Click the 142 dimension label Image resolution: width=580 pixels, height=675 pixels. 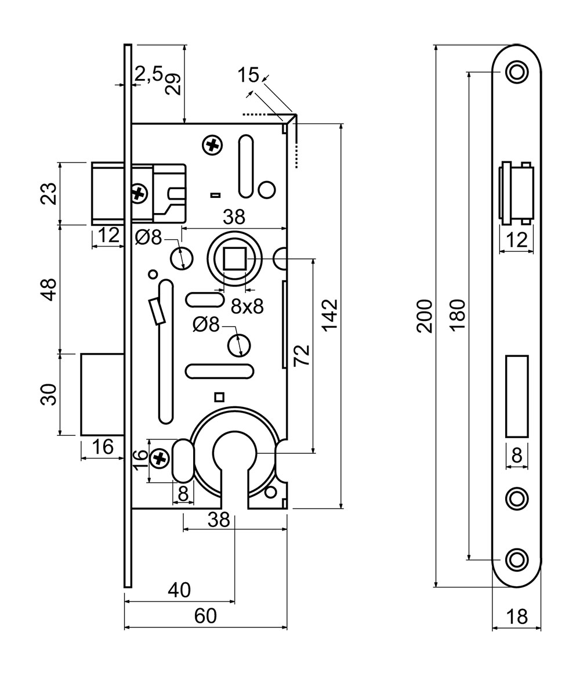(x=329, y=315)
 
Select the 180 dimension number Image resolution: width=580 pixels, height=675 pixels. (x=458, y=315)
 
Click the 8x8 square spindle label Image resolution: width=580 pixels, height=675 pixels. (x=247, y=306)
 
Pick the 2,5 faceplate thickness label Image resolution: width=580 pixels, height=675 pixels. (x=149, y=74)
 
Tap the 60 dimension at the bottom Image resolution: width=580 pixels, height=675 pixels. (x=205, y=616)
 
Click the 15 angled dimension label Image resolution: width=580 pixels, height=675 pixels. (x=248, y=74)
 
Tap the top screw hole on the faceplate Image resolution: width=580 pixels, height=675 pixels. (x=516, y=73)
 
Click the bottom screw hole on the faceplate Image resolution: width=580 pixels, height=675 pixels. (x=516, y=559)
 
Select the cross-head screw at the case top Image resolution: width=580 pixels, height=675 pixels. (x=213, y=145)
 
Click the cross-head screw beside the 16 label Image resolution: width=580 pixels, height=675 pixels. (x=158, y=460)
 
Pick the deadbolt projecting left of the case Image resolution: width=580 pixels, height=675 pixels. (x=101, y=394)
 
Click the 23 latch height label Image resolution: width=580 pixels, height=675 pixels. (x=50, y=194)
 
